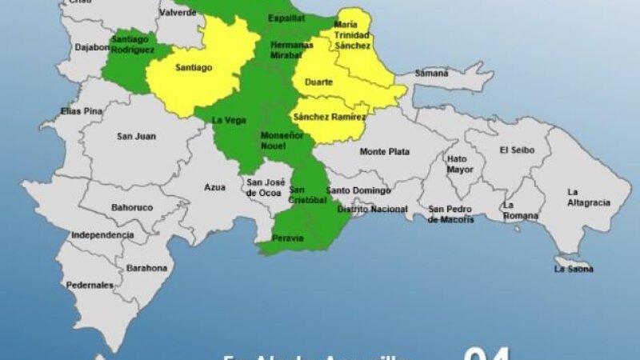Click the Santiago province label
[x=194, y=68]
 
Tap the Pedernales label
[x=90, y=285]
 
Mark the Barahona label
[x=148, y=267]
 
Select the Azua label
[x=214, y=187]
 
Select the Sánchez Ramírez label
[x=330, y=118]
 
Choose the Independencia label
[x=102, y=235]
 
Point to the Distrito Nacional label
[x=372, y=210]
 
